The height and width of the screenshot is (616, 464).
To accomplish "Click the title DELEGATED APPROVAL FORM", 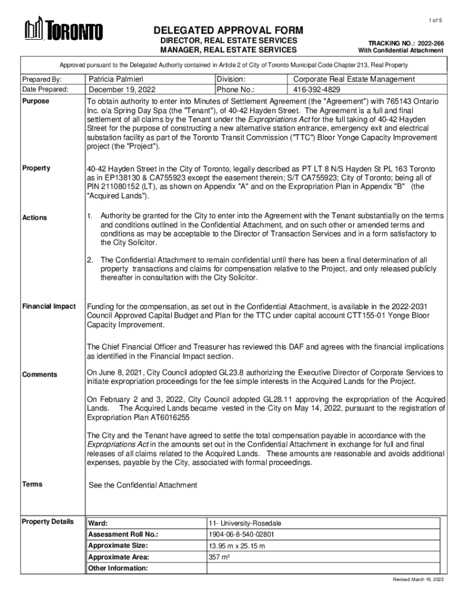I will coord(228,31).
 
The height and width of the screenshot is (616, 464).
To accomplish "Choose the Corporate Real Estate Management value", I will coord(354,79).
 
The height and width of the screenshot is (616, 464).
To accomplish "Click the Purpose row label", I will coord(36,101).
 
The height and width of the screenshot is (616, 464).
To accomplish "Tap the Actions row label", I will coord(34,217).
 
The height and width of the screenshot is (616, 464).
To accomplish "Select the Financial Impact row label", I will coord(49,306).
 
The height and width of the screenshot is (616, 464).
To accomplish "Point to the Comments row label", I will coord(40,375).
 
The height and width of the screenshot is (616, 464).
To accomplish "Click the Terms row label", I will coord(32,484).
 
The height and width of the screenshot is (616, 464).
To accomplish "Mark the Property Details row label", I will coord(48,522).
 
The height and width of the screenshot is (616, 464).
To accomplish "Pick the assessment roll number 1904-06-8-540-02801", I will coord(242,534).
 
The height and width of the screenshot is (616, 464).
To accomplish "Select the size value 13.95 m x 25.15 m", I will coord(237,546).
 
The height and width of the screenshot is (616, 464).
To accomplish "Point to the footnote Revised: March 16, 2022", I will coord(418,579).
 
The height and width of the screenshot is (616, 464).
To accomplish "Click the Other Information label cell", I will coord(118,568).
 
